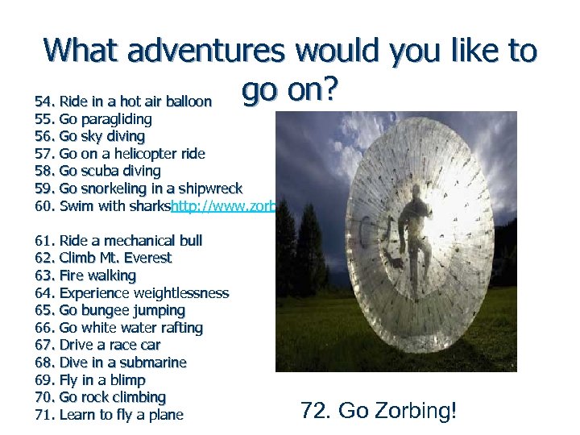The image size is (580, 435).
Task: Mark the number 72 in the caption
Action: [x=313, y=411]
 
